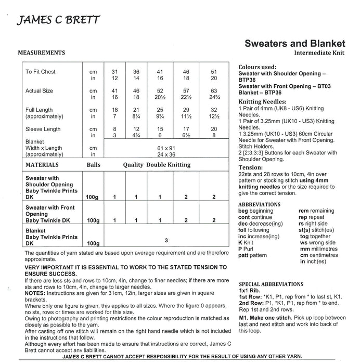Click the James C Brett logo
pos(59,21)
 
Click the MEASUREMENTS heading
pos(42,53)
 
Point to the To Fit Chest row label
pos(41,71)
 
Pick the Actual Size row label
pos(40,90)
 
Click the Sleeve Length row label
pos(43,129)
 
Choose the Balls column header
pos(94,165)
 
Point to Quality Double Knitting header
pos(157,165)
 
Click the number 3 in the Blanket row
pos(165,240)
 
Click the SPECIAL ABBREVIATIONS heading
pos(271,284)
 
